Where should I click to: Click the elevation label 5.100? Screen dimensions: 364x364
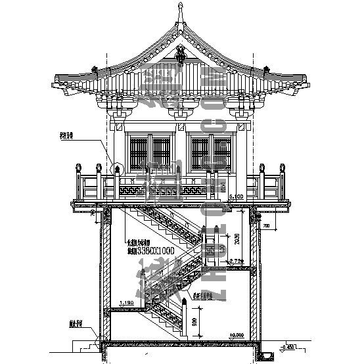[x=235, y=196]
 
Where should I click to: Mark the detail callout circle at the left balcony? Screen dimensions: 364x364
[x=117, y=171]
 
